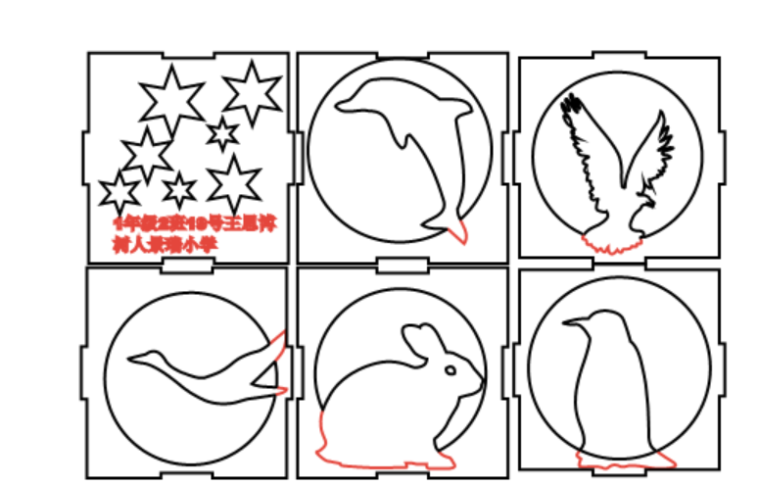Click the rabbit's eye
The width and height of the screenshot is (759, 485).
click(x=451, y=370)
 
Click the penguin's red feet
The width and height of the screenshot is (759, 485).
click(x=617, y=459)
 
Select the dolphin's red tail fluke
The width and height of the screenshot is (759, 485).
click(x=456, y=232)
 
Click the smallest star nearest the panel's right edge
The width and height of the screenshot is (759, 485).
click(x=223, y=134)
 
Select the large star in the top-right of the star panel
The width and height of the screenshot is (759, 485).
click(x=252, y=93)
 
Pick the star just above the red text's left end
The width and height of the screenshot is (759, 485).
click(x=119, y=192)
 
